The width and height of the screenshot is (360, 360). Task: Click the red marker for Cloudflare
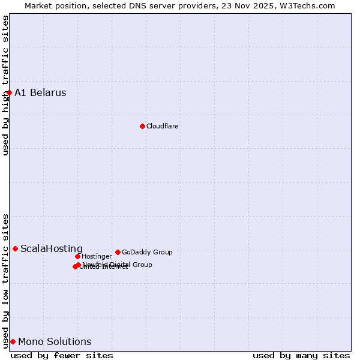(142, 126)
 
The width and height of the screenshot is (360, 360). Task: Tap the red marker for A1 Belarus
(9, 92)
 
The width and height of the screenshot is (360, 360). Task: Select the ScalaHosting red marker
(15, 248)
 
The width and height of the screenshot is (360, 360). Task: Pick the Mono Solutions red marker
(13, 341)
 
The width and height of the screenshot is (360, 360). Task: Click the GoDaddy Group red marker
(118, 252)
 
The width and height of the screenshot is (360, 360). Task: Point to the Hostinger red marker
(77, 256)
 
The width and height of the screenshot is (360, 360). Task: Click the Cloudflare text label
(163, 126)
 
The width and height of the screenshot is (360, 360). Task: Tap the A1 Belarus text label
(40, 93)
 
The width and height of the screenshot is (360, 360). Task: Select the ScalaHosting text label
(52, 249)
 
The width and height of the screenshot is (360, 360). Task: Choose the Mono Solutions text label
(55, 342)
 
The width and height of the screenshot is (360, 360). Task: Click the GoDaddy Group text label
(147, 253)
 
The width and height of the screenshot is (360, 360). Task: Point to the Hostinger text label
(97, 257)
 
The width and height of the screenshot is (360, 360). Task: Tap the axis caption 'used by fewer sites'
(62, 355)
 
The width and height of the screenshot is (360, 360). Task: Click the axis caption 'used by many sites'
(301, 355)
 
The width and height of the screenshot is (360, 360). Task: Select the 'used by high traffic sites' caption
(6, 85)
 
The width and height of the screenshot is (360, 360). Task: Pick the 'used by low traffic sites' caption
(6, 281)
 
